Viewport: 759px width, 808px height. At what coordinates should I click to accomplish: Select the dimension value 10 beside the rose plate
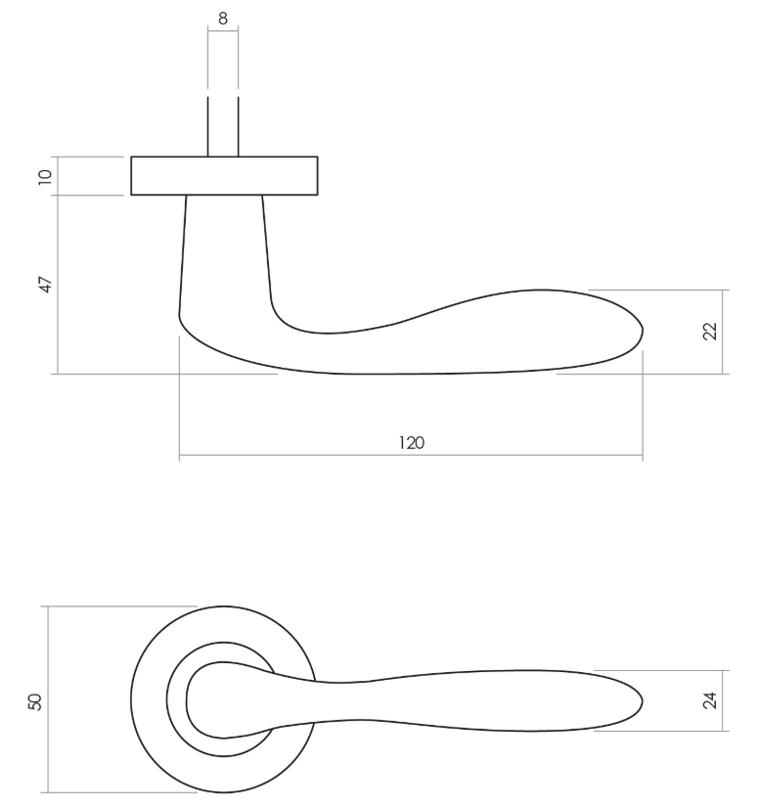click(44, 176)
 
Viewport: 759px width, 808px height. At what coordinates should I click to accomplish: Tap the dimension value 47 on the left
click(44, 285)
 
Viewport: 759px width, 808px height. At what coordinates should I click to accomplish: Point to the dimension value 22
click(711, 331)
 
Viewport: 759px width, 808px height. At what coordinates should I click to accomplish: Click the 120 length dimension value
click(411, 443)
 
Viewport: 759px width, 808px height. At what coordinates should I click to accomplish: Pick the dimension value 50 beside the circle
click(34, 700)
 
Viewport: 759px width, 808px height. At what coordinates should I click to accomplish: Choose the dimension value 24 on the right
click(711, 700)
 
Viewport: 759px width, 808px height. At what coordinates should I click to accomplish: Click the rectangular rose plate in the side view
click(224, 176)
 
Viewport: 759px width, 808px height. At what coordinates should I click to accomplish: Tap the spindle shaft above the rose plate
click(223, 127)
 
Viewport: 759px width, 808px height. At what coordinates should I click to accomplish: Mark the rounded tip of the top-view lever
click(640, 700)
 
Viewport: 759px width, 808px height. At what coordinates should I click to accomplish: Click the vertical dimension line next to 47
click(58, 285)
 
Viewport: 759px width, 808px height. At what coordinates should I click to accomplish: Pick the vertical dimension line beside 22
click(723, 331)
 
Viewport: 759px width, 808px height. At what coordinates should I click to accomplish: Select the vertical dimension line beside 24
click(723, 700)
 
